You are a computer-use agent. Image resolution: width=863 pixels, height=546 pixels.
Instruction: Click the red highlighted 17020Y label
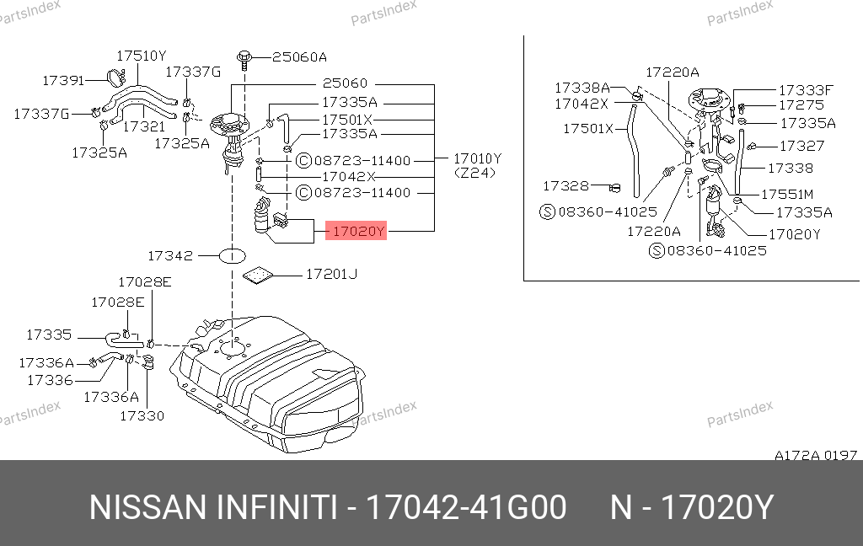tap(356, 231)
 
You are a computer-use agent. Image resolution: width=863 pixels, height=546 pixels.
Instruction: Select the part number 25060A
tap(299, 57)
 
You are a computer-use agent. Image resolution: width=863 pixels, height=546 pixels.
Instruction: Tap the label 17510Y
tap(142, 56)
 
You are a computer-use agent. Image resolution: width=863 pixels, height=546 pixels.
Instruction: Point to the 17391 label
tap(63, 80)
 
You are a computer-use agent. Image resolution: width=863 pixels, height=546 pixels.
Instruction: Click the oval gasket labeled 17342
tap(233, 256)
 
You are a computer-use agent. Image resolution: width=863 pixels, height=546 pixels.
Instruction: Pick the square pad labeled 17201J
tap(258, 276)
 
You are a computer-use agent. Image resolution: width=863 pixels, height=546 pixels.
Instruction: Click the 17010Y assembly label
tap(477, 158)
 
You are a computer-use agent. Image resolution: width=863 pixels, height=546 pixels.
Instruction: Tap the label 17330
tap(142, 415)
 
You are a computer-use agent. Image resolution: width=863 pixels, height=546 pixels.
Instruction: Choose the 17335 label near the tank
tap(49, 335)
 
